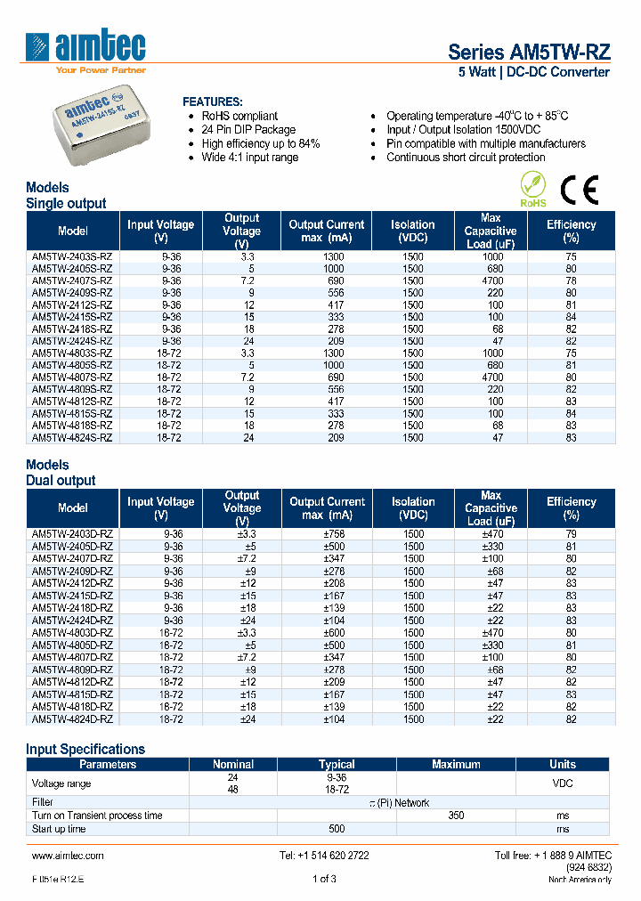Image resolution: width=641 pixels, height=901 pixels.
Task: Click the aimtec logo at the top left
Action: (x=85, y=49)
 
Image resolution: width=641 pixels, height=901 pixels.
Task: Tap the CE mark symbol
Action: (x=579, y=190)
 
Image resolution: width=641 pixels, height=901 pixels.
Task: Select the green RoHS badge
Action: (x=532, y=190)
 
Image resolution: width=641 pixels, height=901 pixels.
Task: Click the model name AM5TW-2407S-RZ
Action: (x=72, y=280)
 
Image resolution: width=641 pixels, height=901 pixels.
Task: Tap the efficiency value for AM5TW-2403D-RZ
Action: (x=571, y=534)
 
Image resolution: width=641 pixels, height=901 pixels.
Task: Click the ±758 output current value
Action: (x=327, y=534)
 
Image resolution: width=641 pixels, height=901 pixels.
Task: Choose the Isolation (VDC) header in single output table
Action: (x=412, y=231)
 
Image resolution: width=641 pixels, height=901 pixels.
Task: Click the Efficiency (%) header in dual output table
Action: (x=571, y=508)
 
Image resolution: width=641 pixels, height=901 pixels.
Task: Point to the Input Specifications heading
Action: (x=85, y=750)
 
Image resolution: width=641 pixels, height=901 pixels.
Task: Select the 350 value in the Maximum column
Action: (x=456, y=816)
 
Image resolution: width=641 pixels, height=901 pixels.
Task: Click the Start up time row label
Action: (x=59, y=829)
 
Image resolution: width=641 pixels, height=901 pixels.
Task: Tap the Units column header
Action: (x=562, y=764)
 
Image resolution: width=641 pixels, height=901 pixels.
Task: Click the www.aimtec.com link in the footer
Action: (x=68, y=856)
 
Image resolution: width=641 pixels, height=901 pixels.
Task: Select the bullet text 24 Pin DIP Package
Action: (x=248, y=130)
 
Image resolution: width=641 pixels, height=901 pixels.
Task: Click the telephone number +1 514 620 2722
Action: (x=324, y=856)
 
